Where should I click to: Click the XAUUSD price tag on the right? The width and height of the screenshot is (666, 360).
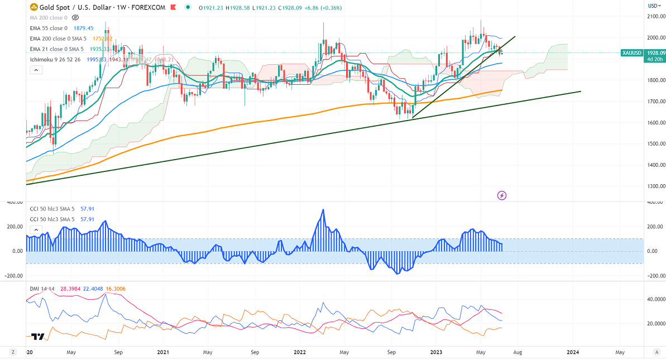pos(635,52)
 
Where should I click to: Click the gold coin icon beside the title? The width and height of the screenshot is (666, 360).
pos(33,8)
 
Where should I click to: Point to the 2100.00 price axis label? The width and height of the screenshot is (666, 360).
pos(654,17)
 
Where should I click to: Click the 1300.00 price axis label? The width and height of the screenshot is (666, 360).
pos(654,186)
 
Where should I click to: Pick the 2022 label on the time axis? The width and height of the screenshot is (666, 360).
pos(300,352)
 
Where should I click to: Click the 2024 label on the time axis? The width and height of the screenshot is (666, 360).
pos(572,352)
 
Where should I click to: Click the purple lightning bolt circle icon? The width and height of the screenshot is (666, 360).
pos(502,195)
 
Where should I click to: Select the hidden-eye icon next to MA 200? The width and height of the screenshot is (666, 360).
pos(75,18)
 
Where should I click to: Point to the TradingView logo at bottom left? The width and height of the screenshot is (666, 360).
pos(38,337)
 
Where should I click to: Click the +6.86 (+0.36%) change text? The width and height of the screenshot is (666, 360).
pos(320,8)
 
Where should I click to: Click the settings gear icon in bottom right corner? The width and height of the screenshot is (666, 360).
pos(657,352)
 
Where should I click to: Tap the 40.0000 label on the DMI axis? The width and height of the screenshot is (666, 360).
pos(653,300)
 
